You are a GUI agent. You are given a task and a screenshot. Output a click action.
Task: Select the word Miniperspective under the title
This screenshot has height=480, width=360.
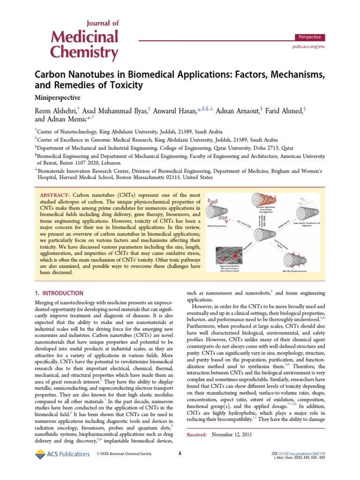(58, 98)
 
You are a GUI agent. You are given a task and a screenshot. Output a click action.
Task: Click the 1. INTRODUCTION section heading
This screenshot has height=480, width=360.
(60, 293)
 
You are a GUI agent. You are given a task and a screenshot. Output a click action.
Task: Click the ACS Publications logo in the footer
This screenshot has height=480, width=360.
(62, 454)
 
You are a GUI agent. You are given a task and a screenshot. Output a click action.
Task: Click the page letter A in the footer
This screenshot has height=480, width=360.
(180, 454)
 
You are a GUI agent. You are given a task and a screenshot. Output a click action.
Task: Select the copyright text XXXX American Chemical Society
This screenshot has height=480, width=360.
(125, 454)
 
